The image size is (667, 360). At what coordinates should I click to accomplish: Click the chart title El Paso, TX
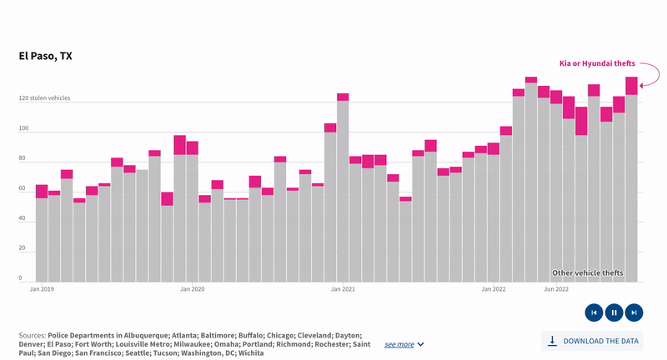tap(46, 57)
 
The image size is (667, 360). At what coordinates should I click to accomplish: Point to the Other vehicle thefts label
tap(587, 273)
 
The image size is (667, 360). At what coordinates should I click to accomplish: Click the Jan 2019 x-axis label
tap(42, 290)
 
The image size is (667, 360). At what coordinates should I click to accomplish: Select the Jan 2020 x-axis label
tap(192, 290)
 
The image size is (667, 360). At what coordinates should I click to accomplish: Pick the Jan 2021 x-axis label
tap(343, 290)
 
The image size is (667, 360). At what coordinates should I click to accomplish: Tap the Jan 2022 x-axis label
tap(493, 290)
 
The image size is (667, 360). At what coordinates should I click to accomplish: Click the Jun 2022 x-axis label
tap(556, 290)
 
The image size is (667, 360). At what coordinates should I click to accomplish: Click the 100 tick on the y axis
tap(24, 129)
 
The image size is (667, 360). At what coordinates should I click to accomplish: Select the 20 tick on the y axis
tap(23, 248)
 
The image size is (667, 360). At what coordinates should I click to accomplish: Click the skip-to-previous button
tap(594, 312)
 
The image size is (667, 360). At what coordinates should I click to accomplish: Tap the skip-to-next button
tap(634, 312)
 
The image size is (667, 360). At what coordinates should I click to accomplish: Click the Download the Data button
tap(594, 341)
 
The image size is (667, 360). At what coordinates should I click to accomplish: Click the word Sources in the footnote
tap(32, 334)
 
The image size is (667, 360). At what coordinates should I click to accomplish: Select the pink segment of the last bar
tap(631, 86)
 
